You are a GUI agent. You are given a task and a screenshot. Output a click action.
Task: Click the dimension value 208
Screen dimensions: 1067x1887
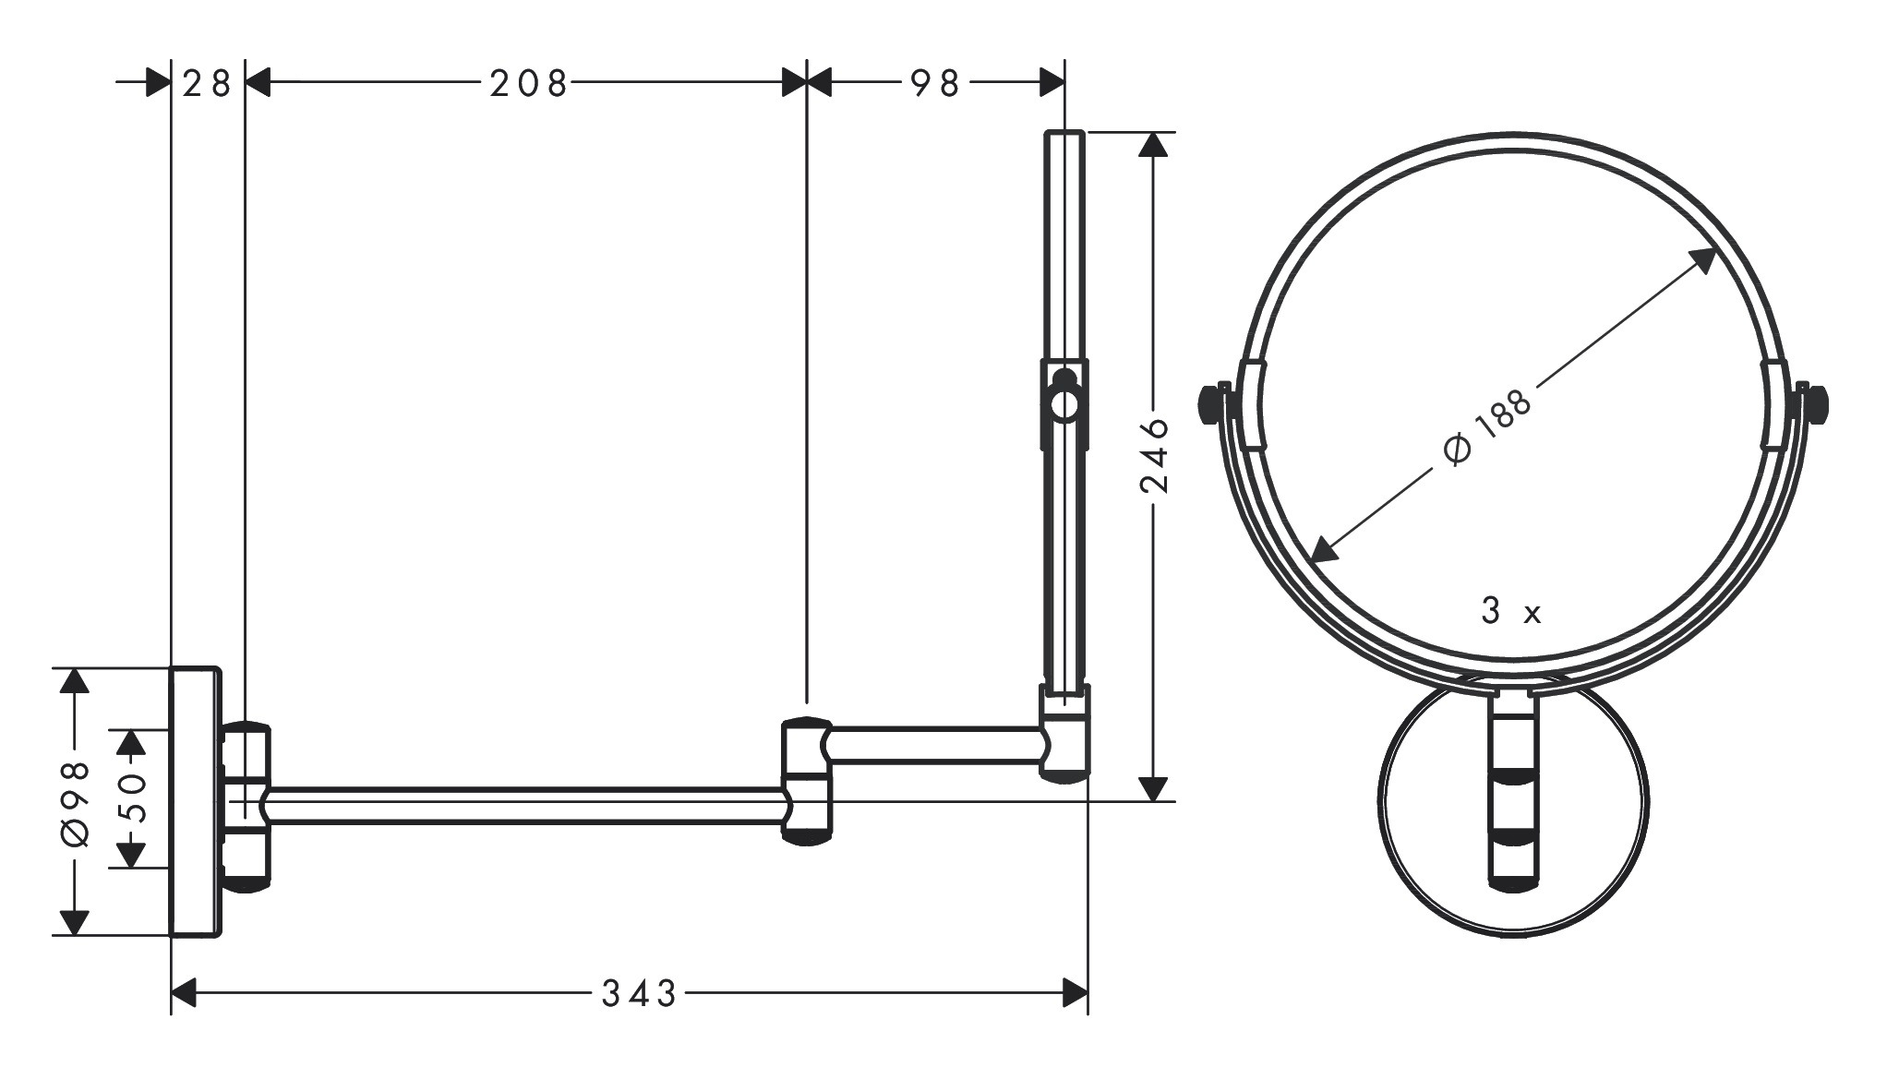(x=527, y=84)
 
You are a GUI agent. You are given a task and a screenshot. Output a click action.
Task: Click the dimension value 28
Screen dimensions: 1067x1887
(x=207, y=84)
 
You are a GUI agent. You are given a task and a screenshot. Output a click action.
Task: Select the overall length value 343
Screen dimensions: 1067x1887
(x=639, y=994)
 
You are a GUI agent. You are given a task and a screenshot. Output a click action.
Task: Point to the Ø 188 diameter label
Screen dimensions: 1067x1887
(x=1485, y=428)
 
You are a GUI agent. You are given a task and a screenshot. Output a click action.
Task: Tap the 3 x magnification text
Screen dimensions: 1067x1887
(x=1510, y=612)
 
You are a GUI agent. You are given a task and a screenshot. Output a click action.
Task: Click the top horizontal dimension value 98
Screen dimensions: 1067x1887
(x=935, y=84)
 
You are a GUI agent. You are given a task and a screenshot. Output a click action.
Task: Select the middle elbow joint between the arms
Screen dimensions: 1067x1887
(x=807, y=781)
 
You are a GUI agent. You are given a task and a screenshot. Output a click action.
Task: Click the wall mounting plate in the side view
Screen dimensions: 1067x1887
(x=195, y=801)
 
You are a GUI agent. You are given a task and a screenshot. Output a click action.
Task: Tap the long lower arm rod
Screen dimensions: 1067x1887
(x=526, y=805)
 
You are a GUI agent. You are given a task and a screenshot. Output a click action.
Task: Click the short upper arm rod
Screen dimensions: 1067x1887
(x=937, y=745)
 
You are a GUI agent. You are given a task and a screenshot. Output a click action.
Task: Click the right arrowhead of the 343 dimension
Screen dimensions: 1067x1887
(x=1076, y=994)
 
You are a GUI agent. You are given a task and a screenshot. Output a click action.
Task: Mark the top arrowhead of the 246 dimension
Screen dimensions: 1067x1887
(x=1152, y=145)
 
